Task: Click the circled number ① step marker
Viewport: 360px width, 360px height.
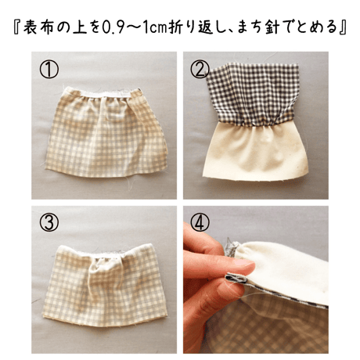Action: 49,70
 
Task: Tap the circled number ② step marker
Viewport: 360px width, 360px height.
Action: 200,70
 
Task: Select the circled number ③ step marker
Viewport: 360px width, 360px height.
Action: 49,222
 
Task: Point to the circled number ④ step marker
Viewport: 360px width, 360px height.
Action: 200,222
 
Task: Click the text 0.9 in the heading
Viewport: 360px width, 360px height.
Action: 114,28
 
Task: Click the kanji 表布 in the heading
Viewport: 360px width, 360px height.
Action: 39,28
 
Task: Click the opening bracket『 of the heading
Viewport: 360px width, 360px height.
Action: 17,28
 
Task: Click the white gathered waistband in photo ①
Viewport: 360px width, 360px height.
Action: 103,93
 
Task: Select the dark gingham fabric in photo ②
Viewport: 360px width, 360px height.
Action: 252,95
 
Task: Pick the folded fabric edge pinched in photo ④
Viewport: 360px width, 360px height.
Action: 237,278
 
